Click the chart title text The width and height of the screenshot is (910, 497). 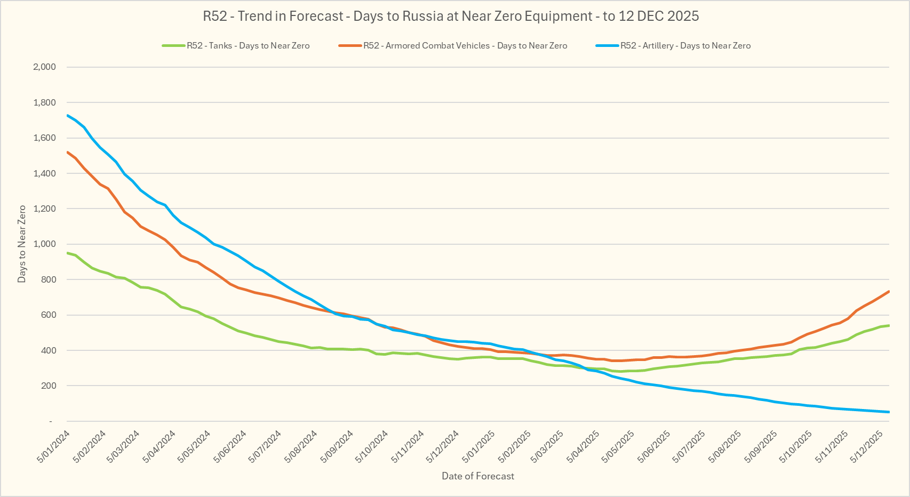tap(451, 17)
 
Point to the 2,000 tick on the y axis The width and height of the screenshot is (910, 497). tap(44, 67)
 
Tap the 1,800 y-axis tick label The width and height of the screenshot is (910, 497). tap(44, 102)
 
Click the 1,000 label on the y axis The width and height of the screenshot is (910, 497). tap(44, 244)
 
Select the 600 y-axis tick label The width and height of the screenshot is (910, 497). tap(49, 315)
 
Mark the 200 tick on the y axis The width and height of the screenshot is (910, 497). tap(49, 386)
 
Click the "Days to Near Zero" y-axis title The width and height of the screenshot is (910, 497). tap(22, 244)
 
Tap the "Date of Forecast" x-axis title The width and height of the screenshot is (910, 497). tap(478, 476)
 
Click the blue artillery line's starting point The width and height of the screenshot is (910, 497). tap(68, 115)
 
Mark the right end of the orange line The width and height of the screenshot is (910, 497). tap(889, 291)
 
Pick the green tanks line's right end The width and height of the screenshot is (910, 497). tap(889, 325)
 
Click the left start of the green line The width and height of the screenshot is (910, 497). tap(68, 253)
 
